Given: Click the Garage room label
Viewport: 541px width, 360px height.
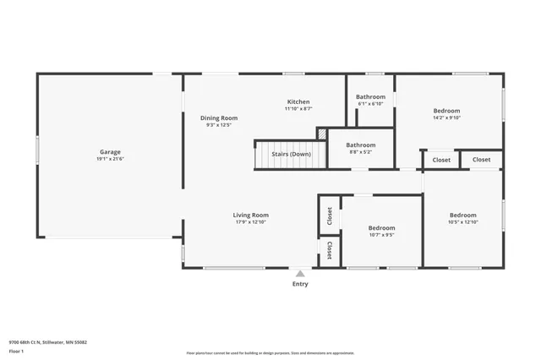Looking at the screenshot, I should (x=110, y=152).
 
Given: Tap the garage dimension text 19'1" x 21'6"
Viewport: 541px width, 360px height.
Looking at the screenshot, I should (x=110, y=159).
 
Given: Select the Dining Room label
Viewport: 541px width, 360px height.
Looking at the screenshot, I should (x=218, y=117).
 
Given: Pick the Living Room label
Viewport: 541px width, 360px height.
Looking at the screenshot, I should (x=251, y=215).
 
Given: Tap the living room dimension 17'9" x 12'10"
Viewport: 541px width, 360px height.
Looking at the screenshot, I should (x=251, y=221).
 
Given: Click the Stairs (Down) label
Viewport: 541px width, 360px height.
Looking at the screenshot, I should (x=291, y=154).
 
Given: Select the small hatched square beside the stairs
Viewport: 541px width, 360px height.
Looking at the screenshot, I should (x=322, y=134).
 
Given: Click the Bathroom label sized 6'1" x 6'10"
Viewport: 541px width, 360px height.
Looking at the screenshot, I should (x=370, y=96).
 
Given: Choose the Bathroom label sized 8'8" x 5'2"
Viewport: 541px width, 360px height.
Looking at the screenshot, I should (x=361, y=145).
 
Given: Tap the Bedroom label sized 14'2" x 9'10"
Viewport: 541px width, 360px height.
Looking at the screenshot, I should (x=446, y=111).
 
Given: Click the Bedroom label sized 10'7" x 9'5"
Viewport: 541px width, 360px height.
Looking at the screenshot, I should (x=381, y=227).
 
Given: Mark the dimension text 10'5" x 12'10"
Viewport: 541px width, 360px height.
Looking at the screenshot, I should (x=462, y=221).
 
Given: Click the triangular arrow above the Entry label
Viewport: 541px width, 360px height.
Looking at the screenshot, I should (x=300, y=274).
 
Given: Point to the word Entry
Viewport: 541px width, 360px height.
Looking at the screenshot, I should (x=300, y=284).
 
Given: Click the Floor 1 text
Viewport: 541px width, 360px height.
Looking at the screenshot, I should (x=16, y=351).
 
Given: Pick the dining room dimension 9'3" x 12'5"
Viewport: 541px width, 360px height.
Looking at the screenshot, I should (x=218, y=125).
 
